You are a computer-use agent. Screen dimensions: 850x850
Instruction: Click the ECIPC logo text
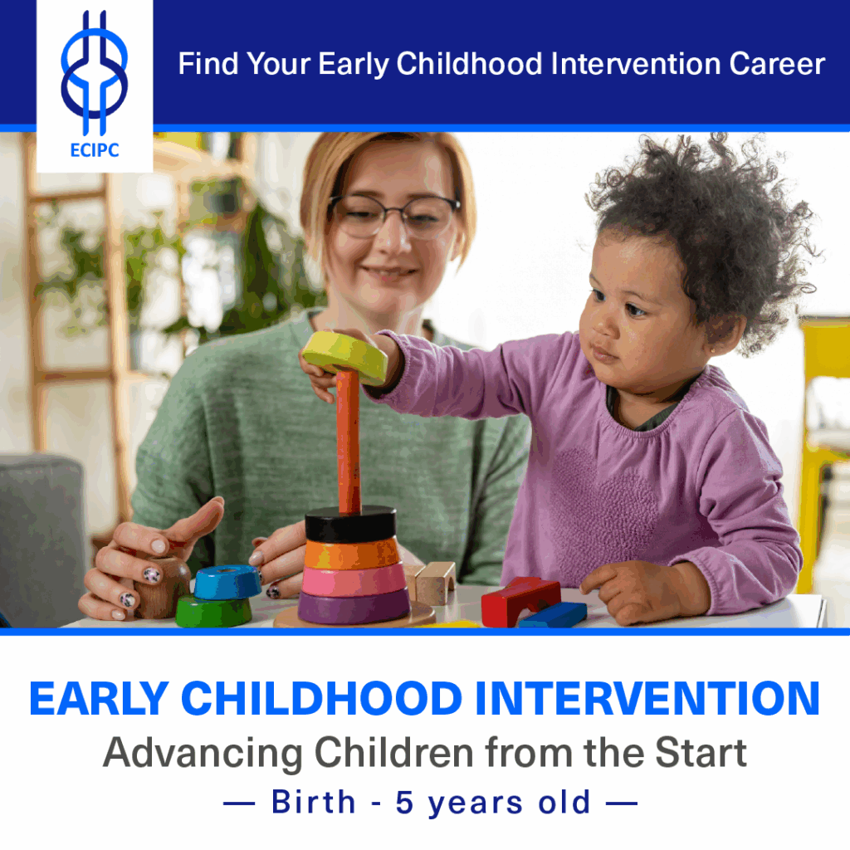point(94,150)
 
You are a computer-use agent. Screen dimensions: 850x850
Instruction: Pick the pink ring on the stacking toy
point(354,579)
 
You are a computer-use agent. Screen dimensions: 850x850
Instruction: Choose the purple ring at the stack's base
point(354,607)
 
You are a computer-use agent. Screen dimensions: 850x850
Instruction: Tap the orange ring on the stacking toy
point(352,552)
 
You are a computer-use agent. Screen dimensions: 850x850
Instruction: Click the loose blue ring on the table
point(227,581)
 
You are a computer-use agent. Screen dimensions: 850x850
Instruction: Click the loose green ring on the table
point(212,612)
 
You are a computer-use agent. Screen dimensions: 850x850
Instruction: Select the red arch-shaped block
point(520,598)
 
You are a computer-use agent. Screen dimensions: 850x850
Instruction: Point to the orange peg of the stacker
point(349,440)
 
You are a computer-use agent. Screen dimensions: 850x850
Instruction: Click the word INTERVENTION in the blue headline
point(647,699)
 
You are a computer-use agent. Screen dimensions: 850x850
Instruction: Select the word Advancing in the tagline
point(203,752)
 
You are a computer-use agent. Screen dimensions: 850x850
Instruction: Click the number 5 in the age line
point(405,803)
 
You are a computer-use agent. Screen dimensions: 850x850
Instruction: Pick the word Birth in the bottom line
point(313,803)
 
